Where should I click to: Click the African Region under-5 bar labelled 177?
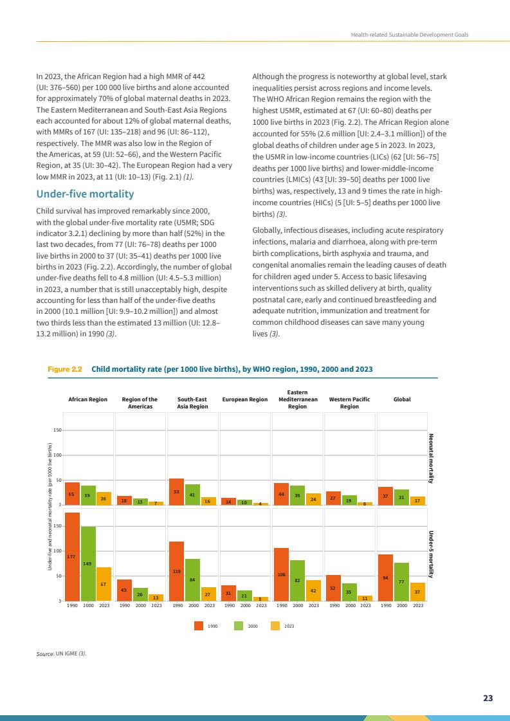[72, 556]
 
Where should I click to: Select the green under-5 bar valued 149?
[88, 563]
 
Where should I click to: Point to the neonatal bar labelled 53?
[176, 492]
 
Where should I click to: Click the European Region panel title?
[245, 399]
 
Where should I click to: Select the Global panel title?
[402, 399]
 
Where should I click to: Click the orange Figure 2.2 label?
[65, 369]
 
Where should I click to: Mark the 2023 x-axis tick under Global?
[418, 606]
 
